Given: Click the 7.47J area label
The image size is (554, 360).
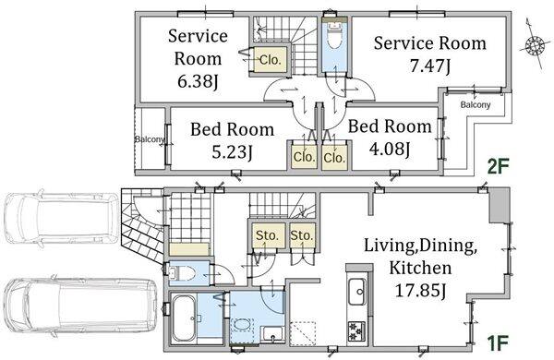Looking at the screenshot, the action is click(430, 66).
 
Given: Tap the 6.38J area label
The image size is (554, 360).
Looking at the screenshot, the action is click(198, 81).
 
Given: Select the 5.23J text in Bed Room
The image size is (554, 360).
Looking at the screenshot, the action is click(232, 152).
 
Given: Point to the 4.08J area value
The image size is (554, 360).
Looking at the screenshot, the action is click(390, 149).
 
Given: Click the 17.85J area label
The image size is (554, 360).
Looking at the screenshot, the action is click(420, 291).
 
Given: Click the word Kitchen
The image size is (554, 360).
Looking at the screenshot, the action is click(420, 268).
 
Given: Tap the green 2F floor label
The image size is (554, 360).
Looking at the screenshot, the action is click(498, 166).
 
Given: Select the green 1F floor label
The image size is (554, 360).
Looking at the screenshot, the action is click(498, 343).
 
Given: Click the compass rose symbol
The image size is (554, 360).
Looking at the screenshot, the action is click(534, 46).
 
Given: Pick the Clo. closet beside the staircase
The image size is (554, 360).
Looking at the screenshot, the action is click(271, 60).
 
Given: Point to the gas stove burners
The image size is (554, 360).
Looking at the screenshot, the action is click(354, 330).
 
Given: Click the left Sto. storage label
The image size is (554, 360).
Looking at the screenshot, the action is click(267, 235).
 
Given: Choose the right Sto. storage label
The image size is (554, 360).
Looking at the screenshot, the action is click(302, 235).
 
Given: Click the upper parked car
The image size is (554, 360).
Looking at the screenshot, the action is click(61, 217).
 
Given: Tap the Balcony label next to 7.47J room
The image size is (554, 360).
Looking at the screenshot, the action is click(476, 104).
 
